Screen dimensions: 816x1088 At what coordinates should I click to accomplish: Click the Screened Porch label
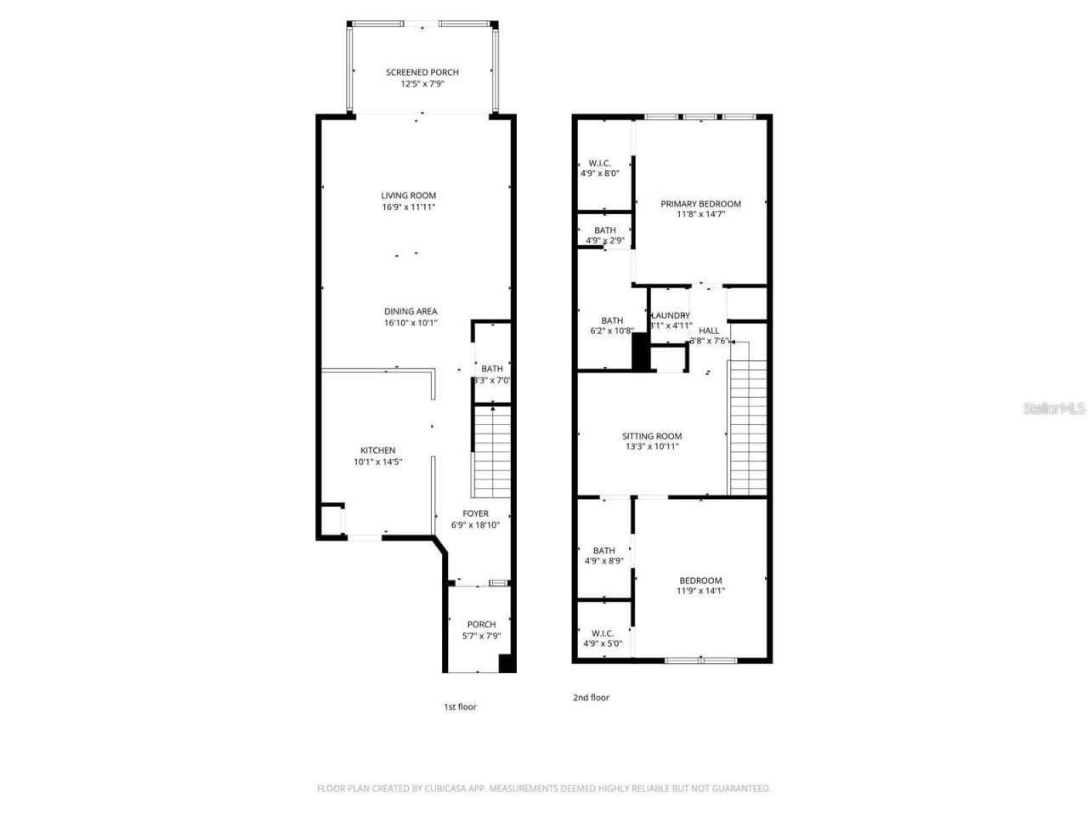(x=422, y=73)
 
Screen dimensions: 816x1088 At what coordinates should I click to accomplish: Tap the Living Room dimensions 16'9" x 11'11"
(x=408, y=207)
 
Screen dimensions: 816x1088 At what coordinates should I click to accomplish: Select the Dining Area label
(x=411, y=312)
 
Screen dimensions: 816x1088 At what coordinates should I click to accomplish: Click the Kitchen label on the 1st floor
(x=377, y=450)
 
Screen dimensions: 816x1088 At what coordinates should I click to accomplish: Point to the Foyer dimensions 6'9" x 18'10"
(x=475, y=525)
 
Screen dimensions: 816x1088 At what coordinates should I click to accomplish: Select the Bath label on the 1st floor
(x=491, y=369)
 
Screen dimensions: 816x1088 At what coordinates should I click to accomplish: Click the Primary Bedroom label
(x=700, y=204)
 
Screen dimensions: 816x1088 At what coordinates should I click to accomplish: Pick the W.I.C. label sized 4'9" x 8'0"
(x=599, y=163)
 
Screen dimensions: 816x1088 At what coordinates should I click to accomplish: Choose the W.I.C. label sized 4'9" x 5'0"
(x=603, y=633)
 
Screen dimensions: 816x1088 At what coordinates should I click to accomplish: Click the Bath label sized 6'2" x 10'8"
(x=612, y=320)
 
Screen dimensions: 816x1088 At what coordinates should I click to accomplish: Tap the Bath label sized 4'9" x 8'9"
(x=604, y=551)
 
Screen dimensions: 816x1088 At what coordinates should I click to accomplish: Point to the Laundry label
(x=671, y=315)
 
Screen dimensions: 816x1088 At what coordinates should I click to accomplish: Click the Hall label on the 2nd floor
(x=708, y=331)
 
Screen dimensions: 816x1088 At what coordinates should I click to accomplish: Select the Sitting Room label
(x=652, y=436)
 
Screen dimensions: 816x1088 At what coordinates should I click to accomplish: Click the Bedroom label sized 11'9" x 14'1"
(x=700, y=581)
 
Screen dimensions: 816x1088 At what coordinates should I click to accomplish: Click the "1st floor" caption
(x=460, y=707)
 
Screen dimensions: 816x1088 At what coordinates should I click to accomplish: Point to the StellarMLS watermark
(x=1053, y=409)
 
